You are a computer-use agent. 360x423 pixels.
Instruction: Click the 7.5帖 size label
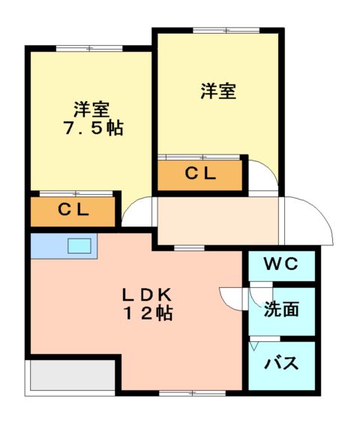coord(92,127)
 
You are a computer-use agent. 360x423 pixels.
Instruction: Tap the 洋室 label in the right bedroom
coord(218,91)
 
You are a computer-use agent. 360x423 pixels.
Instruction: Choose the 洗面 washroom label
coord(282,308)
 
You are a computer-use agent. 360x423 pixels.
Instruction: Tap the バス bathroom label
coord(282,364)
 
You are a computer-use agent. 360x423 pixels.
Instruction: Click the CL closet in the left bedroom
coord(73,211)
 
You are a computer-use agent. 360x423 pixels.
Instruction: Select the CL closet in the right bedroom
coord(201,174)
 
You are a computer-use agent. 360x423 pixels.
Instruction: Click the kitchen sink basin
coord(79,245)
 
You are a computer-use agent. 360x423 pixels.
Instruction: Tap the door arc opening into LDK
coord(231,297)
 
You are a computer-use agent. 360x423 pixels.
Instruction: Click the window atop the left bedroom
coord(90,48)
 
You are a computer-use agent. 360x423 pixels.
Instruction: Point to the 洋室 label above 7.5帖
coord(91,108)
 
